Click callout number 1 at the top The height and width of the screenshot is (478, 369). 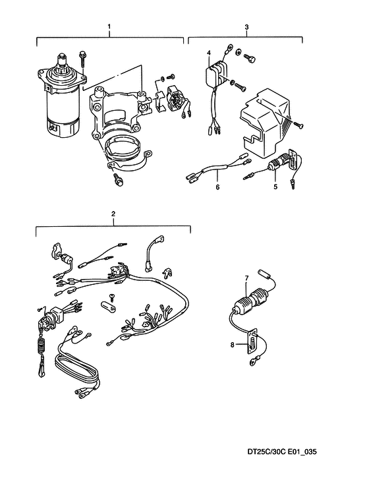(109, 26)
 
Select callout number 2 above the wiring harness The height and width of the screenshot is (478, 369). (113, 214)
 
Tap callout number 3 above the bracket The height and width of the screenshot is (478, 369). (246, 27)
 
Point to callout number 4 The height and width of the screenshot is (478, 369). (209, 53)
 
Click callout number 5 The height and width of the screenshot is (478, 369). (275, 187)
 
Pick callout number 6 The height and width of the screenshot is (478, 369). (217, 187)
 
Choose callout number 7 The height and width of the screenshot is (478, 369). (246, 278)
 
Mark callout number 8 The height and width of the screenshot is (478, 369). (232, 345)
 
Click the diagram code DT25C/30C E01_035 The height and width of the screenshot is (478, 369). (282, 452)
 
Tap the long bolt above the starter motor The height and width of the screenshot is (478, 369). (82, 60)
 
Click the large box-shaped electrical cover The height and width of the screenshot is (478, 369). (264, 123)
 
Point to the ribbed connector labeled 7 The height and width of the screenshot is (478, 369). (252, 301)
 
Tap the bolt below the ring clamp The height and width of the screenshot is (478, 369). (118, 179)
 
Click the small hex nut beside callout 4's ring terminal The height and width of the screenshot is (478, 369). (239, 52)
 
